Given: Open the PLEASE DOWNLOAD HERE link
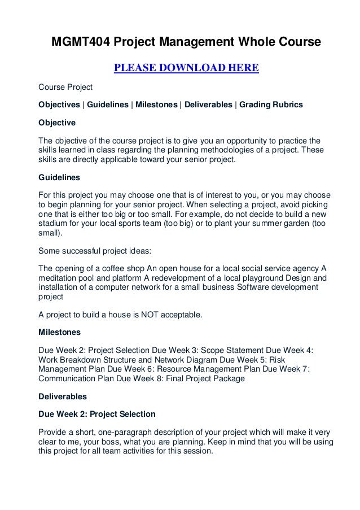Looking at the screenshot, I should (x=186, y=69).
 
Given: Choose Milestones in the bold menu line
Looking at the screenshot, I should (x=155, y=104).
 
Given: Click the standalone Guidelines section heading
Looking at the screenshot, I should (x=59, y=177).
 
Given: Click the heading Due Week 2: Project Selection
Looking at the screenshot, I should (x=96, y=414).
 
